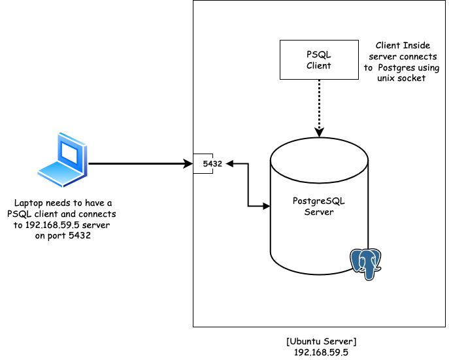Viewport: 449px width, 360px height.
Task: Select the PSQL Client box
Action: pos(318,59)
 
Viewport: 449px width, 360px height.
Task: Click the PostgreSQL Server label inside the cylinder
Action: pos(319,206)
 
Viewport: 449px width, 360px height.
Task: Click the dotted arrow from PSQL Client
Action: pos(319,105)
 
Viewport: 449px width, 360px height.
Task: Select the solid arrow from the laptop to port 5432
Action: pos(137,164)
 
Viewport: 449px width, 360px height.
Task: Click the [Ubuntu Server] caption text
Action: pos(320,342)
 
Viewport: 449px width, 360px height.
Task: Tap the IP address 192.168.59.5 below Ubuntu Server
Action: pos(320,352)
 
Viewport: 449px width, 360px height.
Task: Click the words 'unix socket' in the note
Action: pos(401,78)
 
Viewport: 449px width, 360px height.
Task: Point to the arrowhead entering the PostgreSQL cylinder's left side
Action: pos(267,206)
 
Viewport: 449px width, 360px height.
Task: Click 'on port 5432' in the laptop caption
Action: pos(63,236)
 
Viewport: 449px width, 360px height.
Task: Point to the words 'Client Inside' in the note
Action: pos(401,46)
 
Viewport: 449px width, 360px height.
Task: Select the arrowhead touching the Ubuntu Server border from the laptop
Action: pos(188,164)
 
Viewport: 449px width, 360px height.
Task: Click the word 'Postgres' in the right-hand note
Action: pos(411,67)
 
